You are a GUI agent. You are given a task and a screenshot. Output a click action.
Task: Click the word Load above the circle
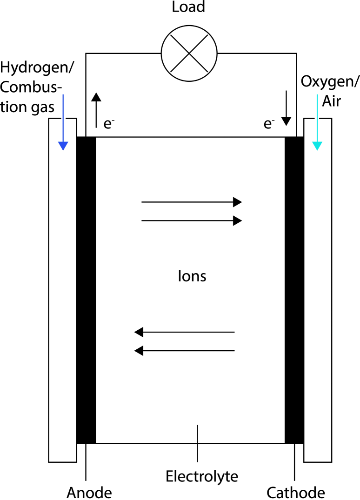(x=188, y=8)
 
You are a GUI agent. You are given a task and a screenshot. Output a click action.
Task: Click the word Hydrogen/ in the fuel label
(x=37, y=68)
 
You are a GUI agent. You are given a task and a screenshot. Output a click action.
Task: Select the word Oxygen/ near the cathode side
(x=330, y=82)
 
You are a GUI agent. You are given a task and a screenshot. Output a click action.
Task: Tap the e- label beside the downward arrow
(x=269, y=124)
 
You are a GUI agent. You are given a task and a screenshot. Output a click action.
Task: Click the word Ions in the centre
(x=192, y=276)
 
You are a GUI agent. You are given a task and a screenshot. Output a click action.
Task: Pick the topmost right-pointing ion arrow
(x=191, y=202)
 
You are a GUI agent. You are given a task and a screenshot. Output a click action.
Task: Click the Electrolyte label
(x=202, y=477)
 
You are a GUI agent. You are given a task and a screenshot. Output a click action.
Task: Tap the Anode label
(x=89, y=492)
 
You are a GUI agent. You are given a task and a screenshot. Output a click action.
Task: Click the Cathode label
(x=296, y=492)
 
